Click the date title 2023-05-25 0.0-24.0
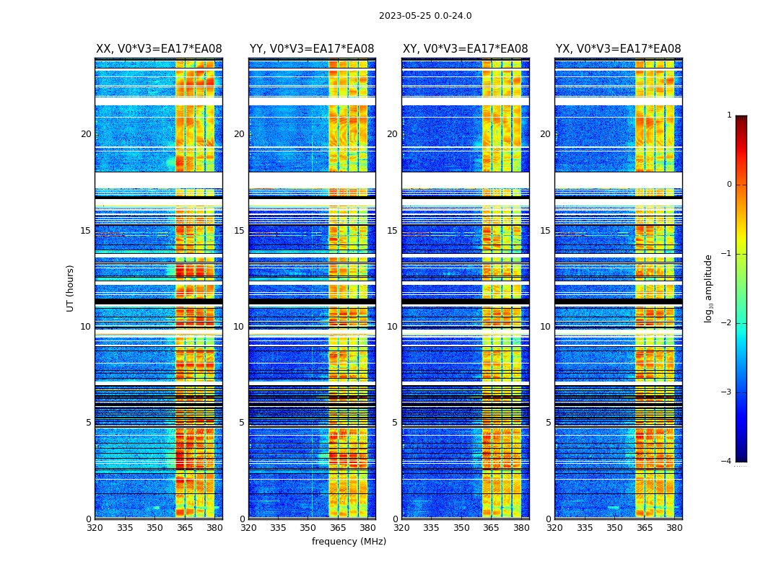click(425, 16)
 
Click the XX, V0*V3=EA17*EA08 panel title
click(159, 49)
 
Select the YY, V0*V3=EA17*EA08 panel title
click(312, 49)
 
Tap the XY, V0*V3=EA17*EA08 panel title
click(465, 49)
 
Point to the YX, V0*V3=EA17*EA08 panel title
click(618, 49)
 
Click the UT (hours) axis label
click(71, 288)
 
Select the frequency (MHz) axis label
click(349, 542)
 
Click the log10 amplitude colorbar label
click(709, 288)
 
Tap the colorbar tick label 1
click(728, 115)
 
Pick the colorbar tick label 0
click(728, 185)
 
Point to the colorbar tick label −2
click(727, 323)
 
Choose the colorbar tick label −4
click(727, 462)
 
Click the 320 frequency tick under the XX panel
click(95, 528)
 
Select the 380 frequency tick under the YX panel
click(674, 528)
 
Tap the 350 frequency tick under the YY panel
click(308, 528)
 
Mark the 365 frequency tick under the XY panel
click(491, 528)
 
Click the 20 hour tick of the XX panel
click(86, 134)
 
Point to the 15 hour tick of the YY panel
click(239, 231)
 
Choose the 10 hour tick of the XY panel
click(392, 327)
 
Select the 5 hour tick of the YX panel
click(548, 423)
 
